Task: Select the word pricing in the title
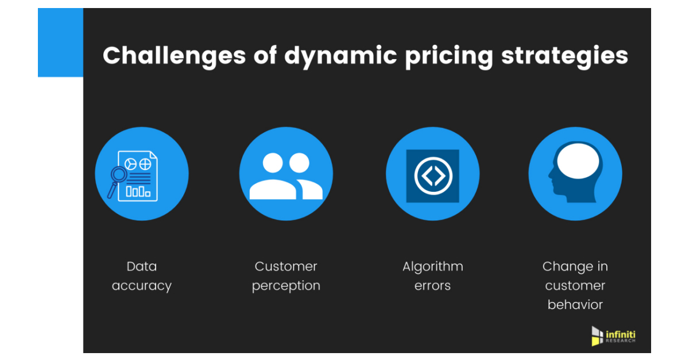[449, 56]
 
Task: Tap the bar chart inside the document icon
[138, 191]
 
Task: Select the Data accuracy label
[142, 276]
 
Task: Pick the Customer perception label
[286, 276]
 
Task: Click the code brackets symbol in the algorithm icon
[432, 176]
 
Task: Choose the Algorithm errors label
[432, 276]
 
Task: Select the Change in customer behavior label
[575, 285]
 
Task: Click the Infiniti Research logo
[613, 336]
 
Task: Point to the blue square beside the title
[60, 43]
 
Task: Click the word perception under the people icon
[286, 285]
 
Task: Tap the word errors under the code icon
[432, 285]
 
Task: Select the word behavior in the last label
[575, 304]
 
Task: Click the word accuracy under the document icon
[142, 285]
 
